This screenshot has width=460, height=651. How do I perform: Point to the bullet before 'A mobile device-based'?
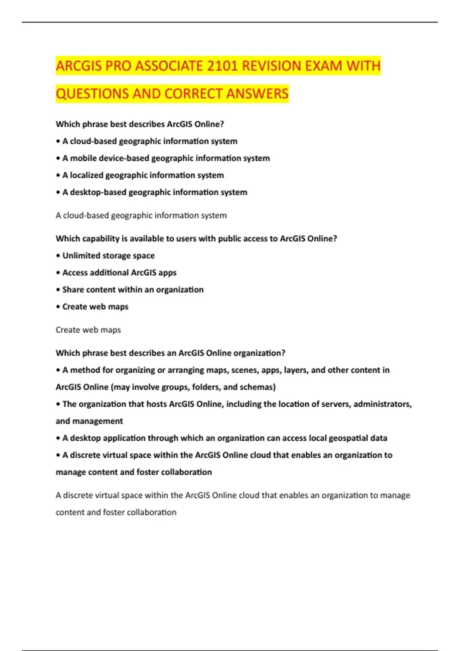pos(58,158)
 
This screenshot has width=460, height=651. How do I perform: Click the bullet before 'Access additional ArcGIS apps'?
pos(58,273)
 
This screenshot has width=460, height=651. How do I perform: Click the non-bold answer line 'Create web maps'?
pos(88,330)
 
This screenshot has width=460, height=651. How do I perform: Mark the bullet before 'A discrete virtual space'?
pos(58,455)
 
